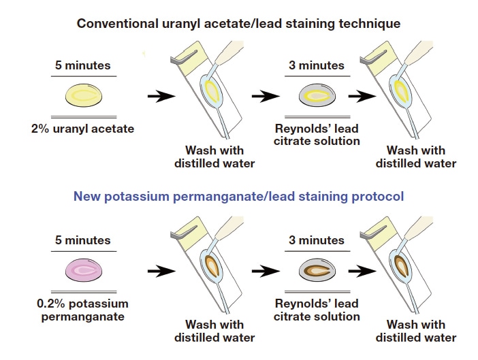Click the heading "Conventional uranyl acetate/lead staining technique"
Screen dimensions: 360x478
coord(238,23)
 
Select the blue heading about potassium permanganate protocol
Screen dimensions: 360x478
coord(238,196)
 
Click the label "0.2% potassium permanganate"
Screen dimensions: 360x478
coord(82,310)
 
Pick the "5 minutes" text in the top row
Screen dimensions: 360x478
coord(82,66)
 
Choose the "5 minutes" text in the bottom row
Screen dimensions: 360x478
coord(82,240)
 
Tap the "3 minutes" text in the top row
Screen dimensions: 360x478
coord(316,66)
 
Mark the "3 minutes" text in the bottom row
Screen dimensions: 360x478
coord(316,240)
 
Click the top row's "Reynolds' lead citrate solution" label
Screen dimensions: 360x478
coord(316,135)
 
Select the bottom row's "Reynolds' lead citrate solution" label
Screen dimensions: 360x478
coord(316,310)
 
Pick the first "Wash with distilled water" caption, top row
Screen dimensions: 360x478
coord(214,156)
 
